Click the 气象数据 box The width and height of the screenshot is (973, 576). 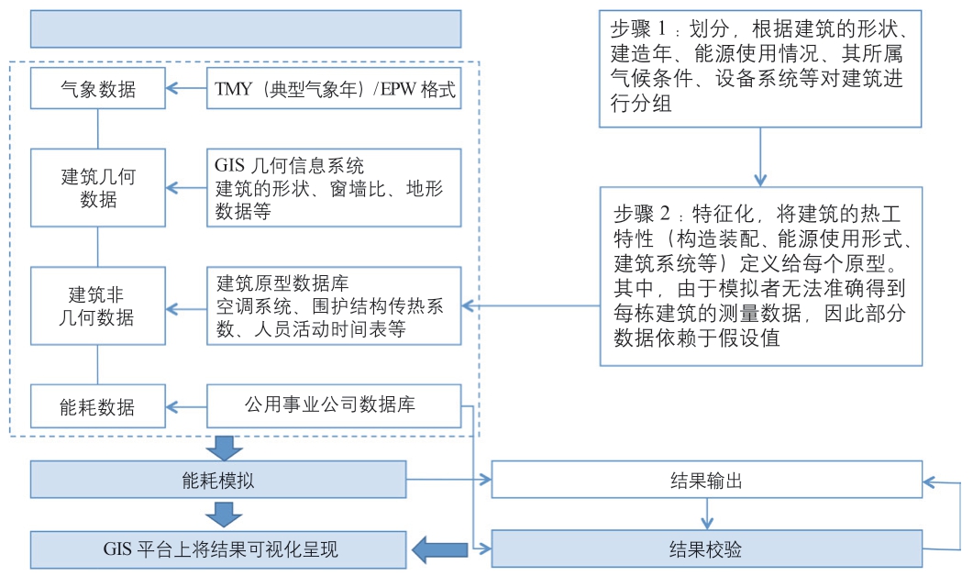coord(98,89)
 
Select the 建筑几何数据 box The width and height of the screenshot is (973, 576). coord(98,187)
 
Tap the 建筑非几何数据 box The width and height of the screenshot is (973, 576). coord(98,306)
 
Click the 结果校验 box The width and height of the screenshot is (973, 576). coord(707,549)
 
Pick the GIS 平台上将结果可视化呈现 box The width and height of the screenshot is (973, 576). coord(218,549)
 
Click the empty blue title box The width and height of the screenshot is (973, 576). coord(245,29)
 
